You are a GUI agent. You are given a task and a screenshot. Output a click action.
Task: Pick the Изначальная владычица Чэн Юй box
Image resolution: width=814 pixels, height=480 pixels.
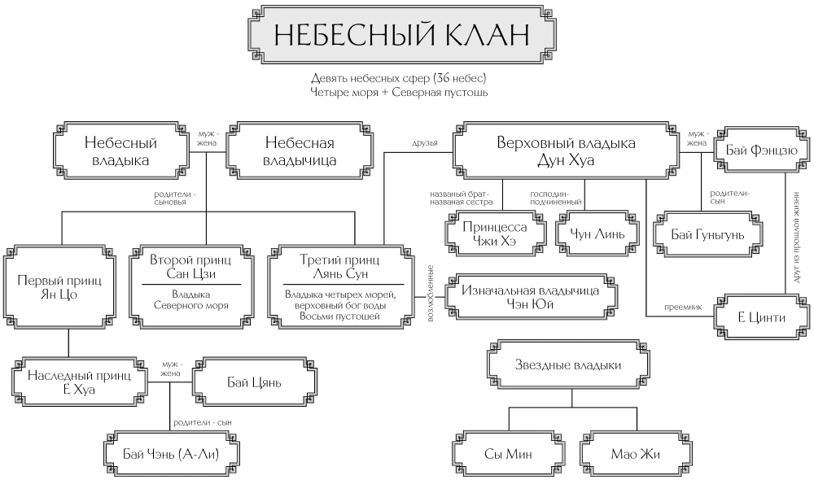530,298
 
